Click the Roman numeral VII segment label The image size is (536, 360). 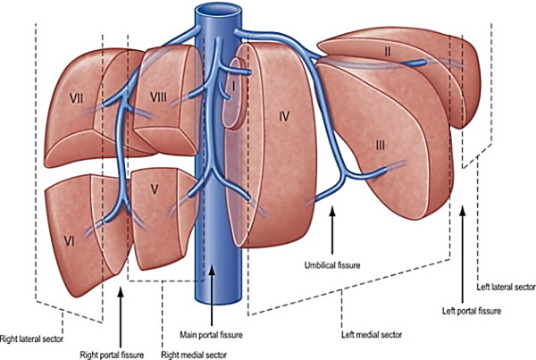pyautogui.click(x=77, y=98)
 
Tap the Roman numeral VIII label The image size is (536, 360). pyautogui.click(x=159, y=97)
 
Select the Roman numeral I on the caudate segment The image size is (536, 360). pyautogui.click(x=233, y=88)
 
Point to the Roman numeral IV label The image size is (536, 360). pyautogui.click(x=284, y=117)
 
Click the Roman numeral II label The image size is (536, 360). pyautogui.click(x=387, y=52)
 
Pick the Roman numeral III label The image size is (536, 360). pyautogui.click(x=381, y=146)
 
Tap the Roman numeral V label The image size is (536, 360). pyautogui.click(x=155, y=189)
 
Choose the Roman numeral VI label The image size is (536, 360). pyautogui.click(x=70, y=242)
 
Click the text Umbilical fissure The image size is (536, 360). pyautogui.click(x=332, y=265)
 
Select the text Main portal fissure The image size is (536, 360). pyautogui.click(x=211, y=334)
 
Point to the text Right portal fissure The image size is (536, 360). pyautogui.click(x=112, y=355)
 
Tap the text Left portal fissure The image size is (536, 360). pyautogui.click(x=472, y=311)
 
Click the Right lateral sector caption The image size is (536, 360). pyautogui.click(x=31, y=339)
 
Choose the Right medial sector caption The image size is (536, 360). pyautogui.click(x=194, y=355)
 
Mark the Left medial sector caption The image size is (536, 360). pyautogui.click(x=372, y=335)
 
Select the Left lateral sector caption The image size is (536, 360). pyautogui.click(x=507, y=287)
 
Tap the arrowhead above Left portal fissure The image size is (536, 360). pyautogui.click(x=463, y=211)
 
